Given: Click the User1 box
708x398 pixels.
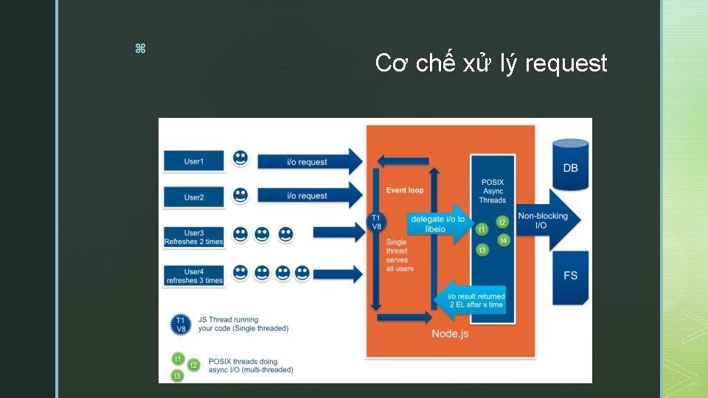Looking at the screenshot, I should (194, 161).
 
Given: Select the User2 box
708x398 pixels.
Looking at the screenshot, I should (194, 197).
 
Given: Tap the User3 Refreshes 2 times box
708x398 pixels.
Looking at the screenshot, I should (194, 237).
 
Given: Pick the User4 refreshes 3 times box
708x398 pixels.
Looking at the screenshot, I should (194, 276).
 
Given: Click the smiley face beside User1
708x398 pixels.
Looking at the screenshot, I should (240, 158).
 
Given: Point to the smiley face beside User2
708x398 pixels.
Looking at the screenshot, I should (240, 195).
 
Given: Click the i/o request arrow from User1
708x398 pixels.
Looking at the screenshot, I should (310, 162).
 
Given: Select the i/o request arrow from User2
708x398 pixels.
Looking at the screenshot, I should (310, 196).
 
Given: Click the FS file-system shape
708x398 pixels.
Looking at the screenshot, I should (571, 274).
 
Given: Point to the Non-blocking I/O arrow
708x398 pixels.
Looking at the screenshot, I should (546, 220).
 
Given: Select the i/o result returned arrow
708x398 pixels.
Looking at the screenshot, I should (473, 300).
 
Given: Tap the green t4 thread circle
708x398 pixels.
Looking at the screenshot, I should (504, 241).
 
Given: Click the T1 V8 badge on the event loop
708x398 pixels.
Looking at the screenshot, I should (376, 222).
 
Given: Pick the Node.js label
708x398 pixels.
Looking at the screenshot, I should (450, 334).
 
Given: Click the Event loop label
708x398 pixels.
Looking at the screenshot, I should (405, 190).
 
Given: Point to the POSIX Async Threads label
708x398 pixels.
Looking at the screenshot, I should (493, 191).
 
